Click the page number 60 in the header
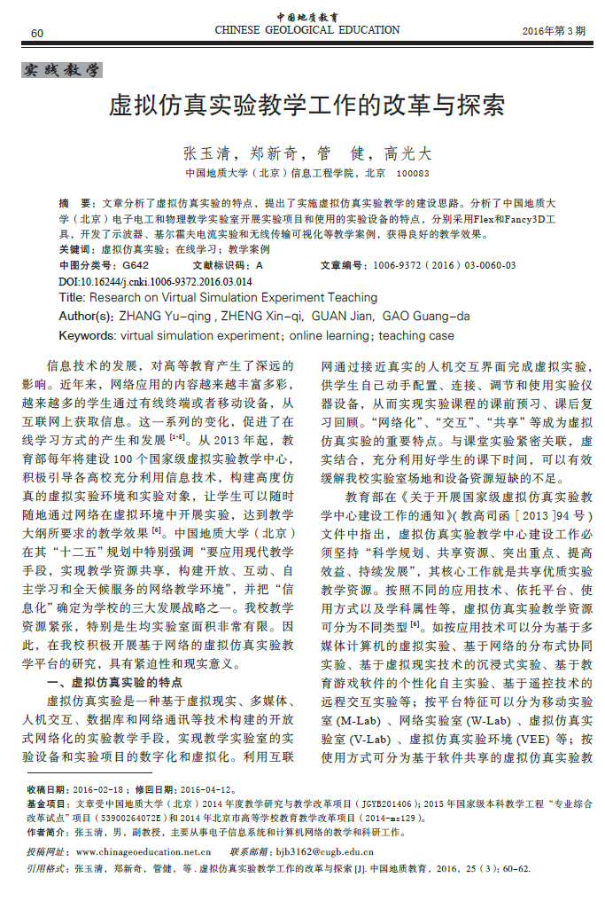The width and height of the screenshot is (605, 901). pyautogui.click(x=36, y=33)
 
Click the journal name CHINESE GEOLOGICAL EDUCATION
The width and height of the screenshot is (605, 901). pyautogui.click(x=307, y=30)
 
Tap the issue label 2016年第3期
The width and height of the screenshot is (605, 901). pyautogui.click(x=554, y=31)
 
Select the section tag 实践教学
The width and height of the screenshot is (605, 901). pyautogui.click(x=61, y=70)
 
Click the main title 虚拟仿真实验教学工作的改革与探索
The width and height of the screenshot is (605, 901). pyautogui.click(x=306, y=106)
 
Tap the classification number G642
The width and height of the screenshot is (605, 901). pyautogui.click(x=136, y=265)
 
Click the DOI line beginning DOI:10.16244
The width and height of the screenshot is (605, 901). pyautogui.click(x=155, y=282)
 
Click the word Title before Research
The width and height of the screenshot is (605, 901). pyautogui.click(x=71, y=298)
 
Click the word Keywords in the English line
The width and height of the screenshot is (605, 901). pyautogui.click(x=86, y=335)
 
